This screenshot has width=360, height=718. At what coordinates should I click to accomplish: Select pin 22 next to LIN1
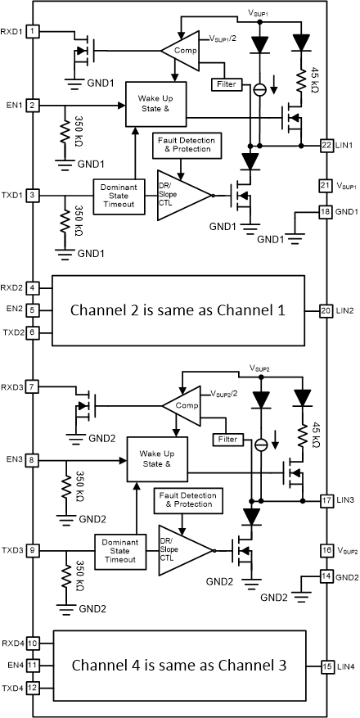click(325, 145)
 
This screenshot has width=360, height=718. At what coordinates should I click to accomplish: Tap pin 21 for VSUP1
click(325, 186)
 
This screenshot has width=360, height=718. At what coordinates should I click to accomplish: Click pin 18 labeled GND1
click(325, 211)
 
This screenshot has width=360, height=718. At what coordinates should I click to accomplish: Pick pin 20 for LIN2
click(325, 311)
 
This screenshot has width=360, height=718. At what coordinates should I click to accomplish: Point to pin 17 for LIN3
click(325, 499)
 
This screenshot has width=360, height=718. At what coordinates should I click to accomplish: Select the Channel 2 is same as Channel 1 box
click(178, 311)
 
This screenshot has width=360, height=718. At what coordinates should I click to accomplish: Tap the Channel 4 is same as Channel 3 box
click(178, 665)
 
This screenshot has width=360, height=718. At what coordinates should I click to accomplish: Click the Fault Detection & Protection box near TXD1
click(183, 147)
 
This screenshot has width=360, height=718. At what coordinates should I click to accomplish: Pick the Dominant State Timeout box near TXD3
click(122, 551)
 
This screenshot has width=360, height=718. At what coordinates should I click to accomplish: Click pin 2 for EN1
click(33, 106)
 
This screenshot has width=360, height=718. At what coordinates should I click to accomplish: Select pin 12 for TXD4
click(33, 688)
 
